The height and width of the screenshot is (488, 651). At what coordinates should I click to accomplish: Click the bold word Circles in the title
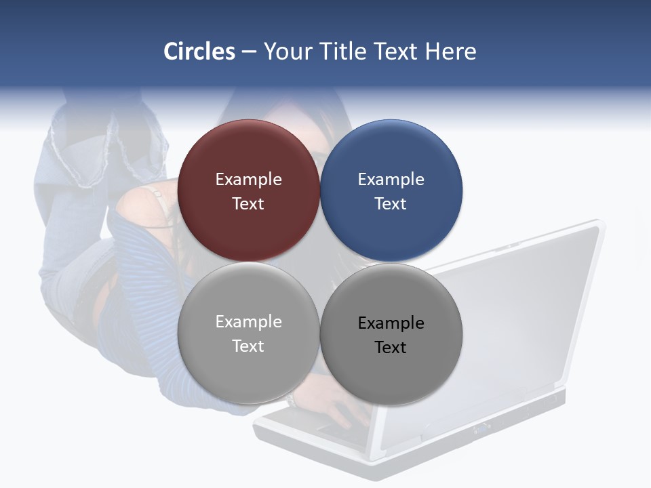(199, 52)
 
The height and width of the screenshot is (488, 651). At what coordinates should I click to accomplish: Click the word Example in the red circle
(248, 180)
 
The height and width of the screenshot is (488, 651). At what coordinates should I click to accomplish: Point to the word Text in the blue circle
(391, 204)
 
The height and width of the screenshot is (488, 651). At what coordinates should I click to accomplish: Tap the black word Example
(391, 323)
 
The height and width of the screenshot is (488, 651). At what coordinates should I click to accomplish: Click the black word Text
(391, 348)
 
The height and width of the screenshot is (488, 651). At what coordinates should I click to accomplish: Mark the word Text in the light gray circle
(248, 346)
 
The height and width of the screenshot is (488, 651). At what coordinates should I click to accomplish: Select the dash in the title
(249, 52)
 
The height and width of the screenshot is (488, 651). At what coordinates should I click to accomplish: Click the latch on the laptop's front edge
(483, 428)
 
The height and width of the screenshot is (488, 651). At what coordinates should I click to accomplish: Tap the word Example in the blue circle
(391, 180)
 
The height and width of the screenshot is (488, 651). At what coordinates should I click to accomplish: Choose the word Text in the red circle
(248, 204)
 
